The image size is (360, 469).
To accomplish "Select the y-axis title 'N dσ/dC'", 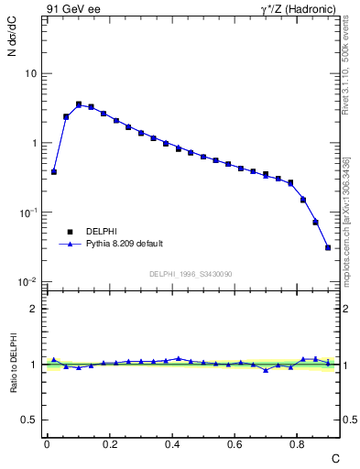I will pos(12,40).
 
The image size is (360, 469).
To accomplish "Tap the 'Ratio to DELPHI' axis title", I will pos(12,365).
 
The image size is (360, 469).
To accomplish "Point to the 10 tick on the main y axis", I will pos(32,73).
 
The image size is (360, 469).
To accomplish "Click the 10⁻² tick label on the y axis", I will pos(30,282).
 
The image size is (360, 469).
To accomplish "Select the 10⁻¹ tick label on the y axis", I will pos(30,213).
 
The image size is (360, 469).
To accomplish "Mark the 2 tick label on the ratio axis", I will pos(36,309).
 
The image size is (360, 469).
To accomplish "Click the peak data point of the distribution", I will pos(79,104).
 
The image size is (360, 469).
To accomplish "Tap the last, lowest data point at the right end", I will pos(328,247).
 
